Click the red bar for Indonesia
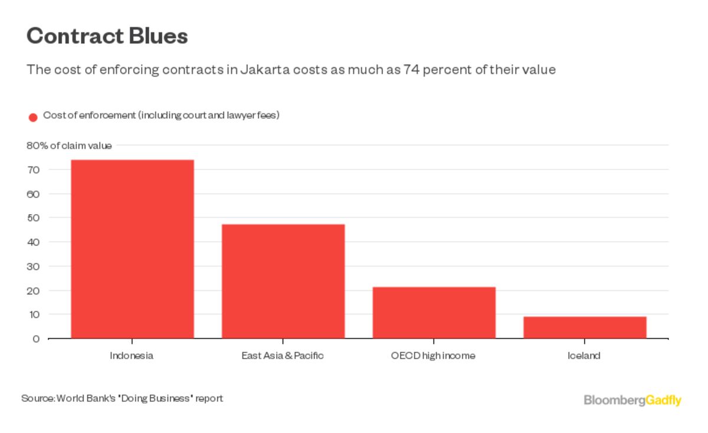[132, 249]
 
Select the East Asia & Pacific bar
[283, 281]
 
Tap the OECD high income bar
[434, 313]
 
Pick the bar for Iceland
[585, 327]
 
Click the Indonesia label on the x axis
[132, 356]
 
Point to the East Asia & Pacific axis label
[283, 356]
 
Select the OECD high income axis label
[433, 356]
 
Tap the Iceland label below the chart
[584, 356]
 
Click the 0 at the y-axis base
[36, 339]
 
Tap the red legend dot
[33, 117]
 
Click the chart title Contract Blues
[107, 37]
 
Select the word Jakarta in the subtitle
[264, 70]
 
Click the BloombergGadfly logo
[632, 400]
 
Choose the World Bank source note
[122, 398]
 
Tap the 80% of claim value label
[69, 146]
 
